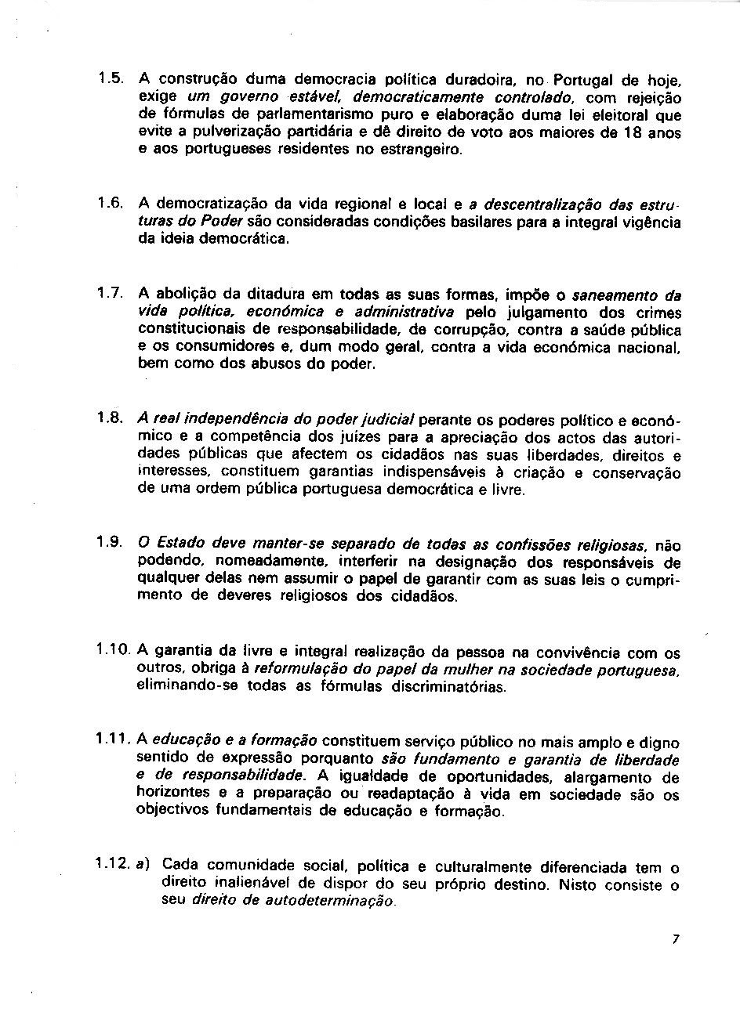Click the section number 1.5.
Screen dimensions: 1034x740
[111, 78]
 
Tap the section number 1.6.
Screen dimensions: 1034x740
[111, 204]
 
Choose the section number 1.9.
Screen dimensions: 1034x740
[111, 542]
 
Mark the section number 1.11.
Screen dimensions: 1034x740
[114, 739]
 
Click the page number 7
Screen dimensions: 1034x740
[675, 940]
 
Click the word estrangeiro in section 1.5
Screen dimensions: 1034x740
[423, 150]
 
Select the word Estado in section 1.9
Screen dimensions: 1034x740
[176, 544]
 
